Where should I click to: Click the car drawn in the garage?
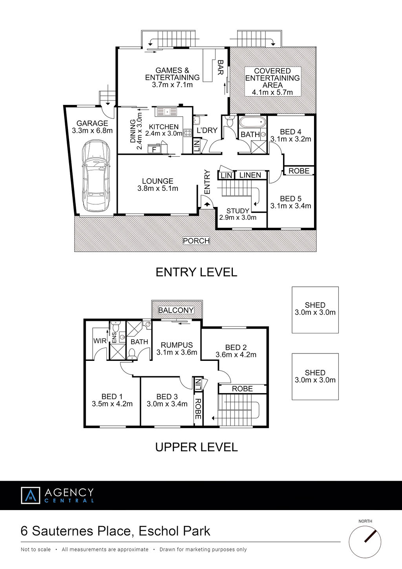coord(96,176)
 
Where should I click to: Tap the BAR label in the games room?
coord(220,67)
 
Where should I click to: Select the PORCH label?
coord(196,241)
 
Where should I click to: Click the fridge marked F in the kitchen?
coord(154,149)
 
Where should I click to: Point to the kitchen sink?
coord(166,112)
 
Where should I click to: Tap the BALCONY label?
coord(176,310)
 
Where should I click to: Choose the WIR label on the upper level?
coord(100,340)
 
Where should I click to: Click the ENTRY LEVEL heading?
coord(196,272)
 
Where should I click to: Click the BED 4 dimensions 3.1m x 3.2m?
coord(291,139)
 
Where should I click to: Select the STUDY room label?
coord(238,211)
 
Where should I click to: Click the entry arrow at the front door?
coord(207,203)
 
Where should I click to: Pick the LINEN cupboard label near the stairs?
coord(250,175)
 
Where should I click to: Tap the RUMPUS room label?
coord(177,345)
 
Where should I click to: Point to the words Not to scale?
coord(36,549)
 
